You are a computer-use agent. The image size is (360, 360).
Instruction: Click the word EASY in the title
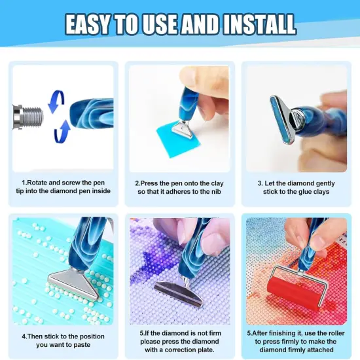click(x=92, y=25)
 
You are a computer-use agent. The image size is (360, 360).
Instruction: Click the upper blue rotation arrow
click(x=57, y=98)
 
